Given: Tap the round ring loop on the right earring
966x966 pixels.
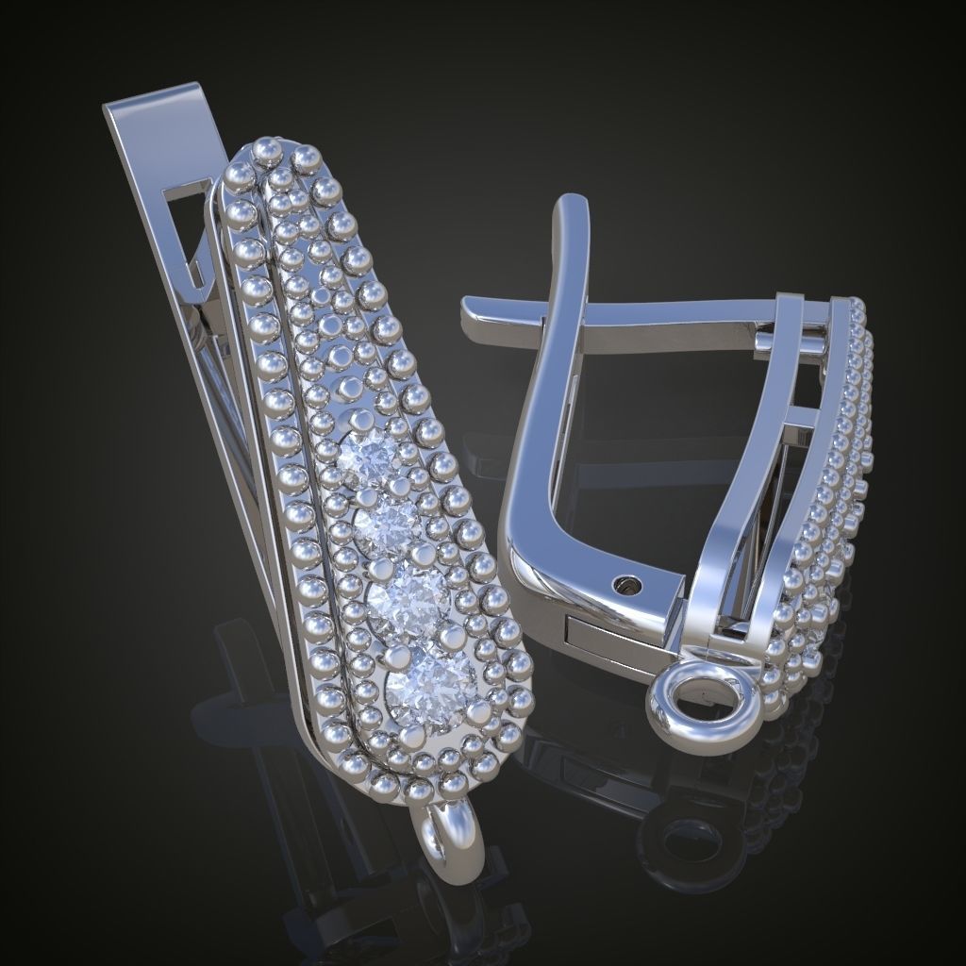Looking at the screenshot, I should click(703, 705).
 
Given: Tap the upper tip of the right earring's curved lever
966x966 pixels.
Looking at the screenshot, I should click(572, 209).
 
